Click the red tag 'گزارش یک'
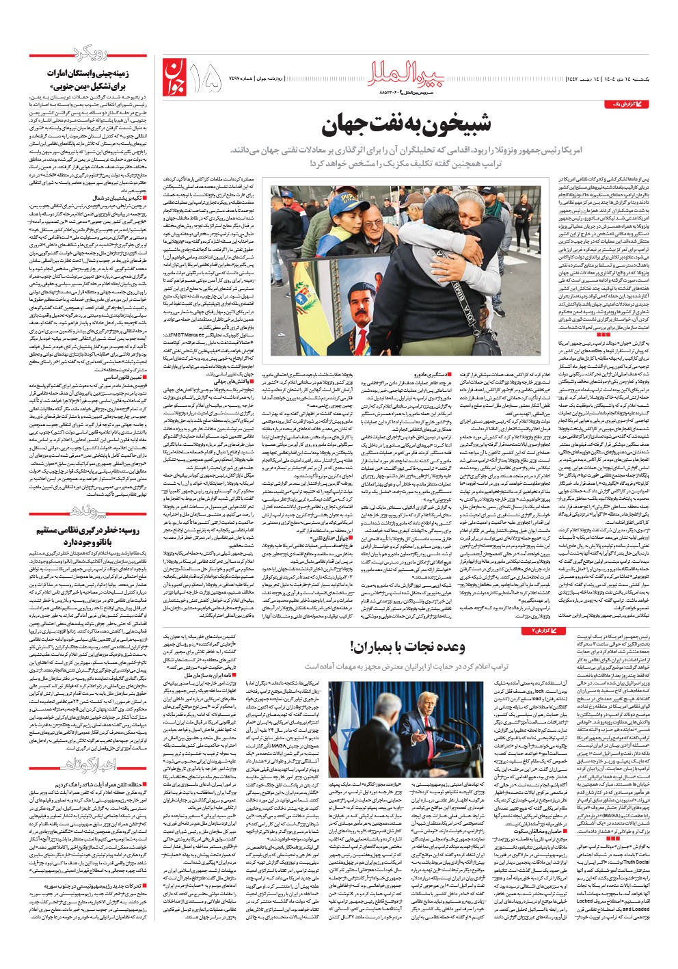click(x=622, y=103)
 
